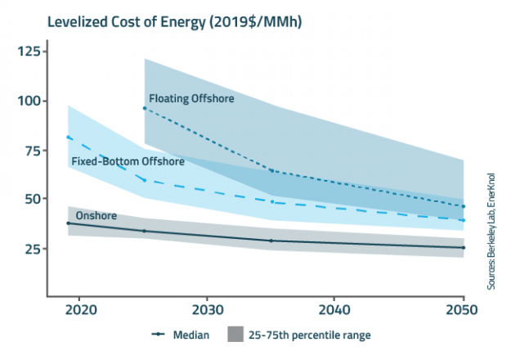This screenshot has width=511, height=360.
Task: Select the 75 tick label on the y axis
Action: point(31,151)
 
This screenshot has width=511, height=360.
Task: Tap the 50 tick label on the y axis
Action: point(31,199)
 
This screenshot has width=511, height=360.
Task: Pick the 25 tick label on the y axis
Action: point(31,249)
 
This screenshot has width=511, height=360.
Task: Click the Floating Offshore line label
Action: point(191,99)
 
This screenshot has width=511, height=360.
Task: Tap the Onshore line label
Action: point(94,216)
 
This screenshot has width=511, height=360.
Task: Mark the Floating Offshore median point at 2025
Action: point(145,108)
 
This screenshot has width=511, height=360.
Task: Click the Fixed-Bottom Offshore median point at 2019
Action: point(68,137)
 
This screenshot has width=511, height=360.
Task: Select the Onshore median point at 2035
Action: point(271,241)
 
